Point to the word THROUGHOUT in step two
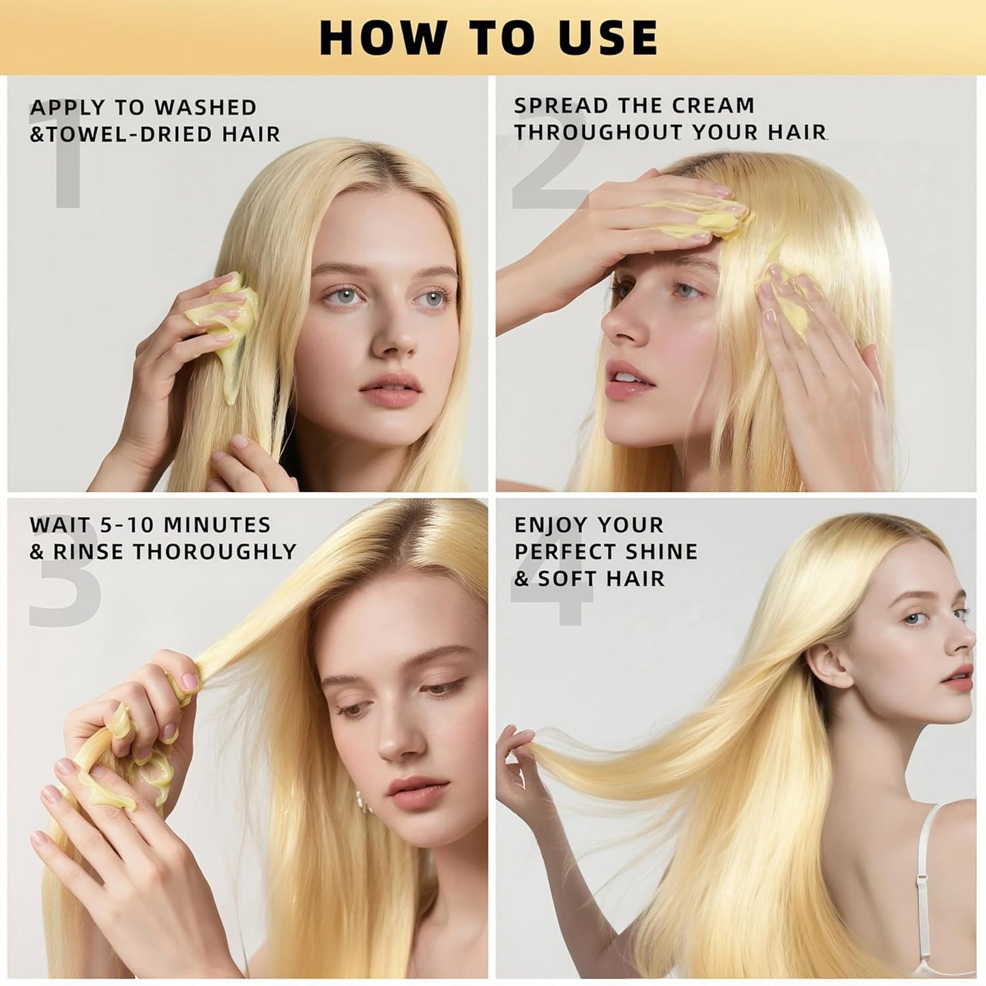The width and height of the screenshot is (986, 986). click(x=598, y=132)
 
